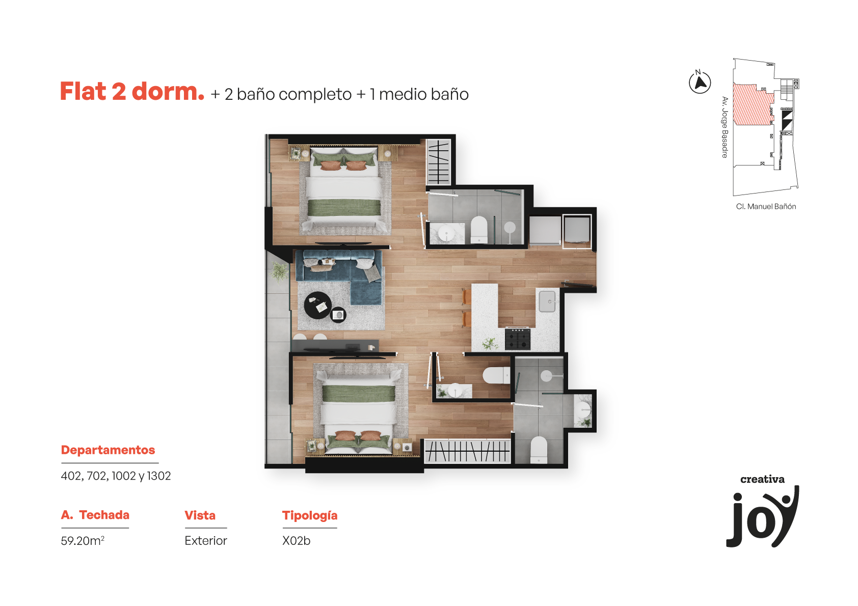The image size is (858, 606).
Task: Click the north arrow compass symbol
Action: [x=700, y=82]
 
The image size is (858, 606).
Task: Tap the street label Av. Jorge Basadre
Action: [x=725, y=127]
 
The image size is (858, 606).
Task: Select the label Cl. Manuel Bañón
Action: [x=766, y=207]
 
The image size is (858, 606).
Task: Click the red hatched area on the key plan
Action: [x=753, y=104]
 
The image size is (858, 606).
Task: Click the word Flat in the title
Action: [x=83, y=92]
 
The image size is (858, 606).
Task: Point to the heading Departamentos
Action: [x=108, y=450]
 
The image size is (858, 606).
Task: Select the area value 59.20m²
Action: [x=83, y=540]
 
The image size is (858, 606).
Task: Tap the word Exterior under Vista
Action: [x=206, y=540]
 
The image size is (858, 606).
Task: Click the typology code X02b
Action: [x=296, y=540]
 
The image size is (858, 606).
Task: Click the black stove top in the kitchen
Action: [x=518, y=339]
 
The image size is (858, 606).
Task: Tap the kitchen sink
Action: [x=547, y=301]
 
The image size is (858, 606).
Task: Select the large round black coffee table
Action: [x=317, y=306]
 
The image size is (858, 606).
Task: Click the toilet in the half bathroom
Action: [x=496, y=375]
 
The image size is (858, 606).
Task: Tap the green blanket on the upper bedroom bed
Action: [x=344, y=208]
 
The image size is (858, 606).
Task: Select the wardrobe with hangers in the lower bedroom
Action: [x=468, y=451]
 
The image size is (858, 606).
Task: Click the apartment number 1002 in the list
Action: [x=124, y=476]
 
